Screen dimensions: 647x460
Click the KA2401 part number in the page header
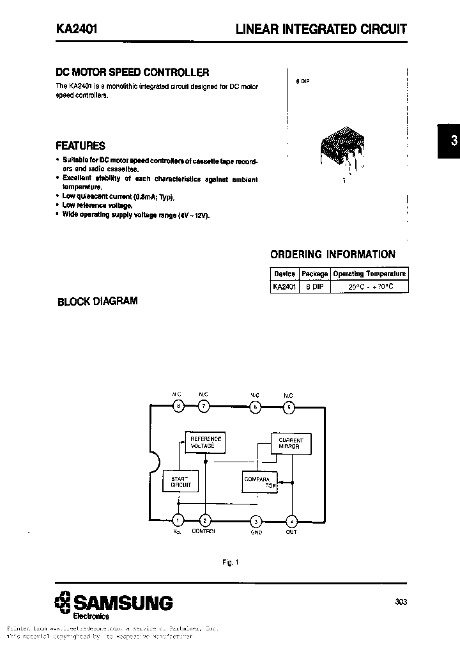75,29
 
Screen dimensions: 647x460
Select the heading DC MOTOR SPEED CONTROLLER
132,73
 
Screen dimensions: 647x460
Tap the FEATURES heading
80,145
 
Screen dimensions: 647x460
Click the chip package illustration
341,152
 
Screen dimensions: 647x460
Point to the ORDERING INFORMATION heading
333,254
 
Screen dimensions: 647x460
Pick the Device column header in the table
284,274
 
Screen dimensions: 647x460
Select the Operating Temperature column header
369,274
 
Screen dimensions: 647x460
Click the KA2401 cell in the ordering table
284,287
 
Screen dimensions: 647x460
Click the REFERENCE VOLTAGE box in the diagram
205,442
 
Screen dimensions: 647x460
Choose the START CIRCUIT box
180,481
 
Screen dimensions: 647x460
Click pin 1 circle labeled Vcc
178,520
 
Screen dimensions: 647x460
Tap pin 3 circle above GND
256,520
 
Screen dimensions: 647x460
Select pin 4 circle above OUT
291,520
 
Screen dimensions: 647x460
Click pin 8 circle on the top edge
178,405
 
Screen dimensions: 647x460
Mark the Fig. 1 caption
230,562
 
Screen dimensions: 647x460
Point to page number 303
401,602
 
